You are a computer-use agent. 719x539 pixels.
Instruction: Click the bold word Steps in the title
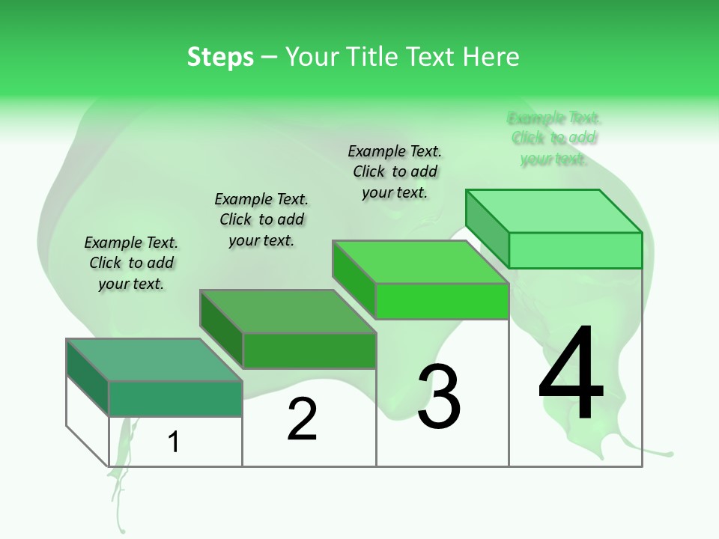(220, 57)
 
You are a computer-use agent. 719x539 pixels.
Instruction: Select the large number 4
(571, 374)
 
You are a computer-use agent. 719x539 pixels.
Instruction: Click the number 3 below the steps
(439, 397)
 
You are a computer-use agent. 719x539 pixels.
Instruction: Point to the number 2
(302, 419)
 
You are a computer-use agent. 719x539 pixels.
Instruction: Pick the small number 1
(174, 442)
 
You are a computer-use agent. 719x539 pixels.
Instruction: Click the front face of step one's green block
(175, 398)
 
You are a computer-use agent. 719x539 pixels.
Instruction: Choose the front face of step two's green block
(309, 350)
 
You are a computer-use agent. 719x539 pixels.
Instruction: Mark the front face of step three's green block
(442, 301)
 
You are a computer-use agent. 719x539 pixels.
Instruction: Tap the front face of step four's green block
(575, 250)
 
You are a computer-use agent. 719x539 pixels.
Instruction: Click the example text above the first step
(131, 263)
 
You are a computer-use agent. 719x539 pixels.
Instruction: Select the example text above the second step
(261, 219)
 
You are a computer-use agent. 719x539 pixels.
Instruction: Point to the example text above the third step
(395, 171)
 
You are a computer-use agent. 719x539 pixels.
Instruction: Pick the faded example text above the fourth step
(554, 138)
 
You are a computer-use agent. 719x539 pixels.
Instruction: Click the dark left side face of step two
(221, 329)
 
